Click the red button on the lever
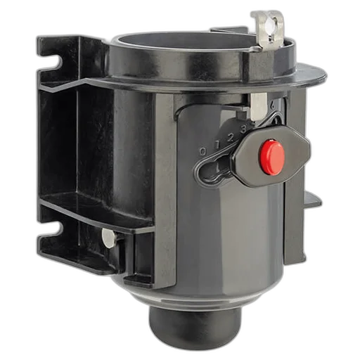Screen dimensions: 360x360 click(271, 157)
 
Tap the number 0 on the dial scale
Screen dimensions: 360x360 click(203, 151)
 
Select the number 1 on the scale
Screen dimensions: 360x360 click(217, 145)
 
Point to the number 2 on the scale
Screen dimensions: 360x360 click(231, 139)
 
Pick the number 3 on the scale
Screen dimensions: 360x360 click(244, 129)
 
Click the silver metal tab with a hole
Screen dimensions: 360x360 click(269, 29)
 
